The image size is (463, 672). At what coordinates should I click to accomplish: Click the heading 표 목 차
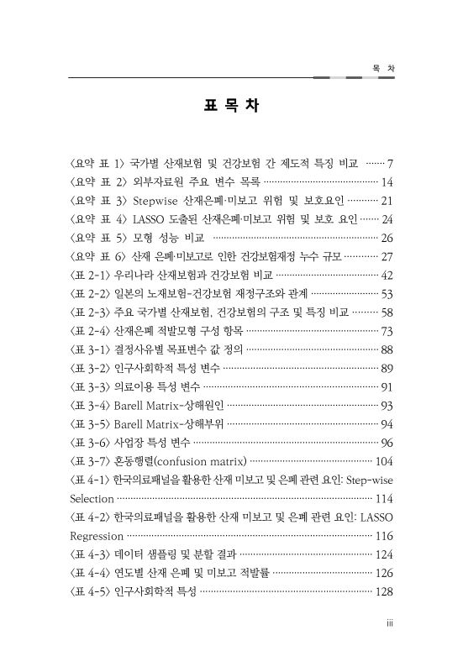pyautogui.click(x=231, y=107)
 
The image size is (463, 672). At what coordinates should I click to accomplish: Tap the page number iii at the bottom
pyautogui.click(x=379, y=622)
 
